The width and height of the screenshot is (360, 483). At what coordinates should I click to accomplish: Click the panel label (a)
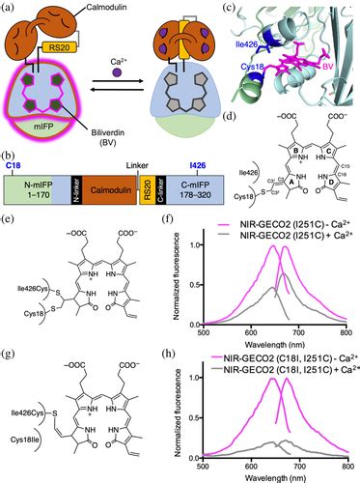tap(9, 8)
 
